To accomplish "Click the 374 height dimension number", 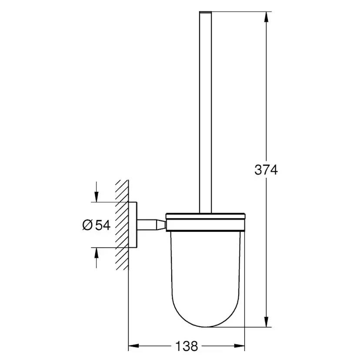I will (x=266, y=170).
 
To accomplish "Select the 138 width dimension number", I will (x=187, y=346).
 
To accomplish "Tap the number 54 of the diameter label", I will (x=102, y=225).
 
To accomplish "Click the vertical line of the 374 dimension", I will (x=266, y=109).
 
